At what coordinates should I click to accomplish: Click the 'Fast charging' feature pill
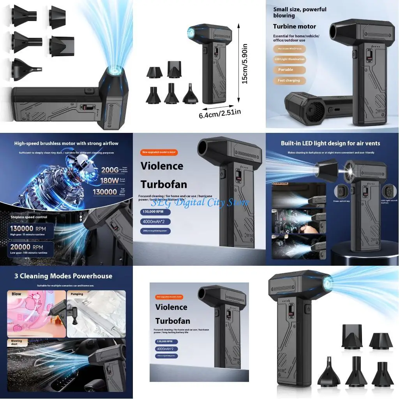click(289, 81)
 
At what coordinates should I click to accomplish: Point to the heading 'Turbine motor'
click(295, 26)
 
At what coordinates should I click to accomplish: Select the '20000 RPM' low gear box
click(29, 249)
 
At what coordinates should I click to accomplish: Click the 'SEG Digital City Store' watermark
click(199, 202)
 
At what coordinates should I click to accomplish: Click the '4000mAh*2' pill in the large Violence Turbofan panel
click(155, 222)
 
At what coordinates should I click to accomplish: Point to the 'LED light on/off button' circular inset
click(388, 192)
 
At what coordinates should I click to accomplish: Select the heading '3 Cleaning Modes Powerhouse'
click(63, 276)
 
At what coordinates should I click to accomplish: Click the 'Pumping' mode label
click(77, 294)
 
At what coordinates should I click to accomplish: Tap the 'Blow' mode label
click(16, 294)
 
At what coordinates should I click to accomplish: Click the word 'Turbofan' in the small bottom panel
click(173, 321)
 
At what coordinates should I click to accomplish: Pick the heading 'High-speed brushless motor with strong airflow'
click(66, 143)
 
